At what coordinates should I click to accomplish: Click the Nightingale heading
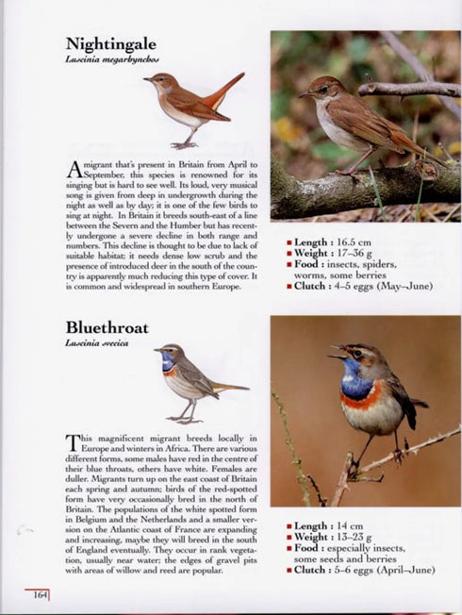coord(110,43)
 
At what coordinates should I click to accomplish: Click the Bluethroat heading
coord(107,327)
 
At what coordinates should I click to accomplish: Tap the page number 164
coord(40,594)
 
